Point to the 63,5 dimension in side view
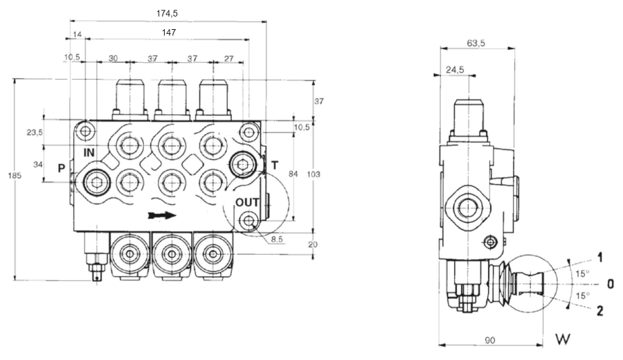click(x=476, y=43)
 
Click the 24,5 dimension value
click(x=454, y=69)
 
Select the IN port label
click(x=89, y=152)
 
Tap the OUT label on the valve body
click(x=248, y=201)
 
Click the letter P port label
click(x=62, y=168)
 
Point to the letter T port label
click(x=275, y=165)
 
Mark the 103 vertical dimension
click(x=314, y=176)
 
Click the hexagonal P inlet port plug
click(x=96, y=183)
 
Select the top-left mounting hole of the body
click(x=85, y=132)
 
